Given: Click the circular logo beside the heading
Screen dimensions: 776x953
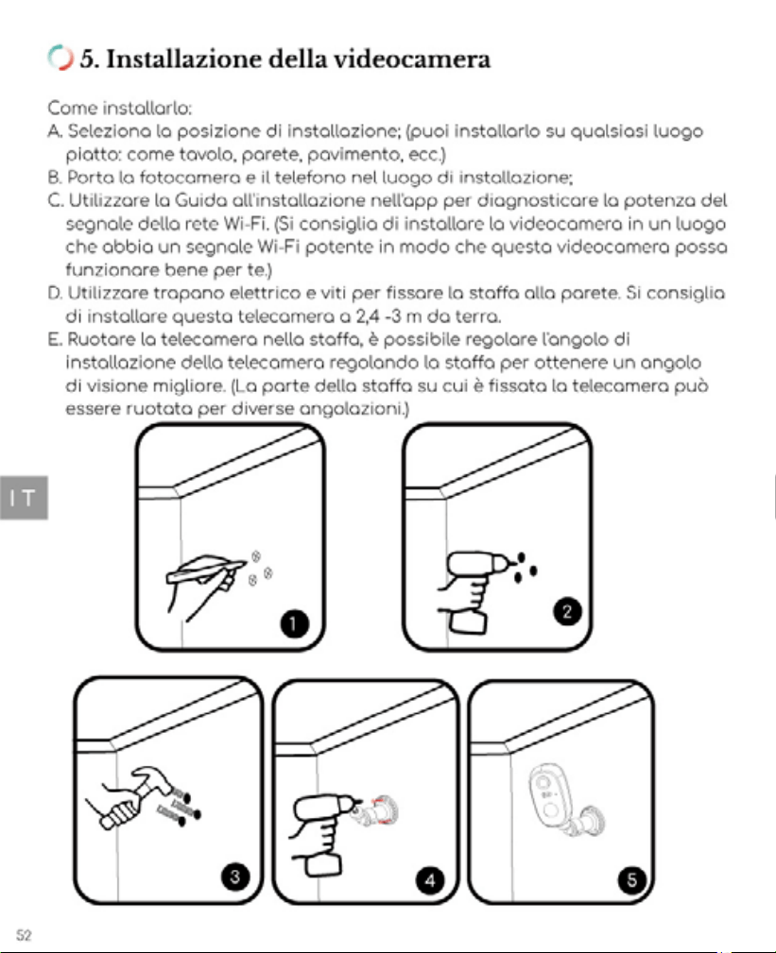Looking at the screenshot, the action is click(x=60, y=58).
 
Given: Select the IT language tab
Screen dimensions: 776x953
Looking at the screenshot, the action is click(x=24, y=498).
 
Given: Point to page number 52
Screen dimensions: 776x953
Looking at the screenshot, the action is click(x=24, y=935).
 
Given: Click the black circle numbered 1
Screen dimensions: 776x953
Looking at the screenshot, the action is click(x=294, y=623).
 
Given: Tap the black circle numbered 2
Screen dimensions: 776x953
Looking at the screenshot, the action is click(x=567, y=611).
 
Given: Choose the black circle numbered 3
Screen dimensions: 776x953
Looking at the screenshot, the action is click(x=235, y=876).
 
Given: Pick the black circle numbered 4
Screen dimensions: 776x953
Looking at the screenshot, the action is click(x=431, y=880).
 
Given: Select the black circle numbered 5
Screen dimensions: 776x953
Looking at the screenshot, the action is click(x=632, y=879).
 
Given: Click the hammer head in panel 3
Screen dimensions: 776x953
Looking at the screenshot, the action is click(x=152, y=780).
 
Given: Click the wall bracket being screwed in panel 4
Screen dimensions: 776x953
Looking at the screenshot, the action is click(x=381, y=810).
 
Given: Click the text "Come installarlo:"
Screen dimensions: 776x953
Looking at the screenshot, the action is click(x=120, y=109).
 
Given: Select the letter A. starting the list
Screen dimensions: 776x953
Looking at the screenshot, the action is click(x=56, y=131).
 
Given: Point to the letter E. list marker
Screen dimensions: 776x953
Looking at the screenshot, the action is click(x=55, y=339).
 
